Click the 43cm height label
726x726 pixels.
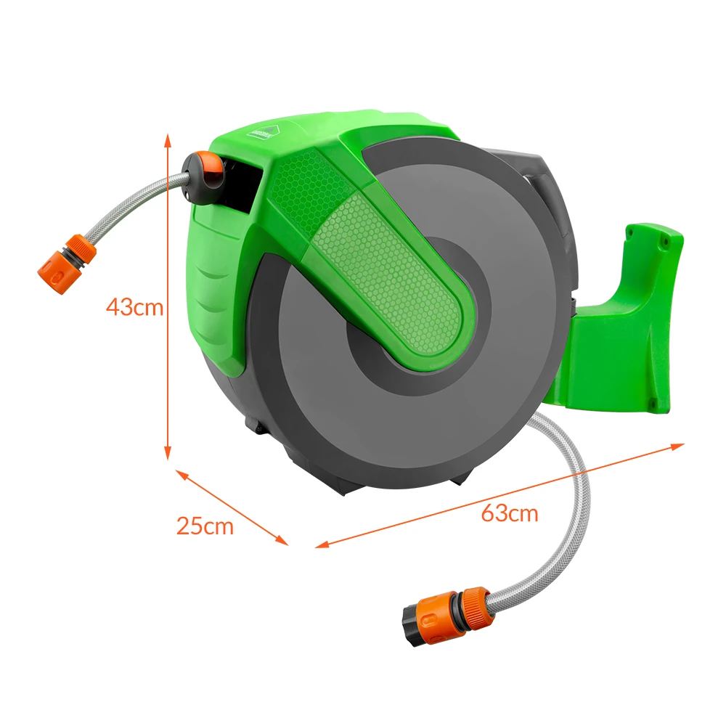[x=134, y=306]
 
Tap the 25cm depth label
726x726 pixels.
[x=205, y=526]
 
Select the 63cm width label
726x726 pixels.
[x=510, y=513]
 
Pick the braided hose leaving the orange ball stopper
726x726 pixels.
[x=138, y=207]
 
